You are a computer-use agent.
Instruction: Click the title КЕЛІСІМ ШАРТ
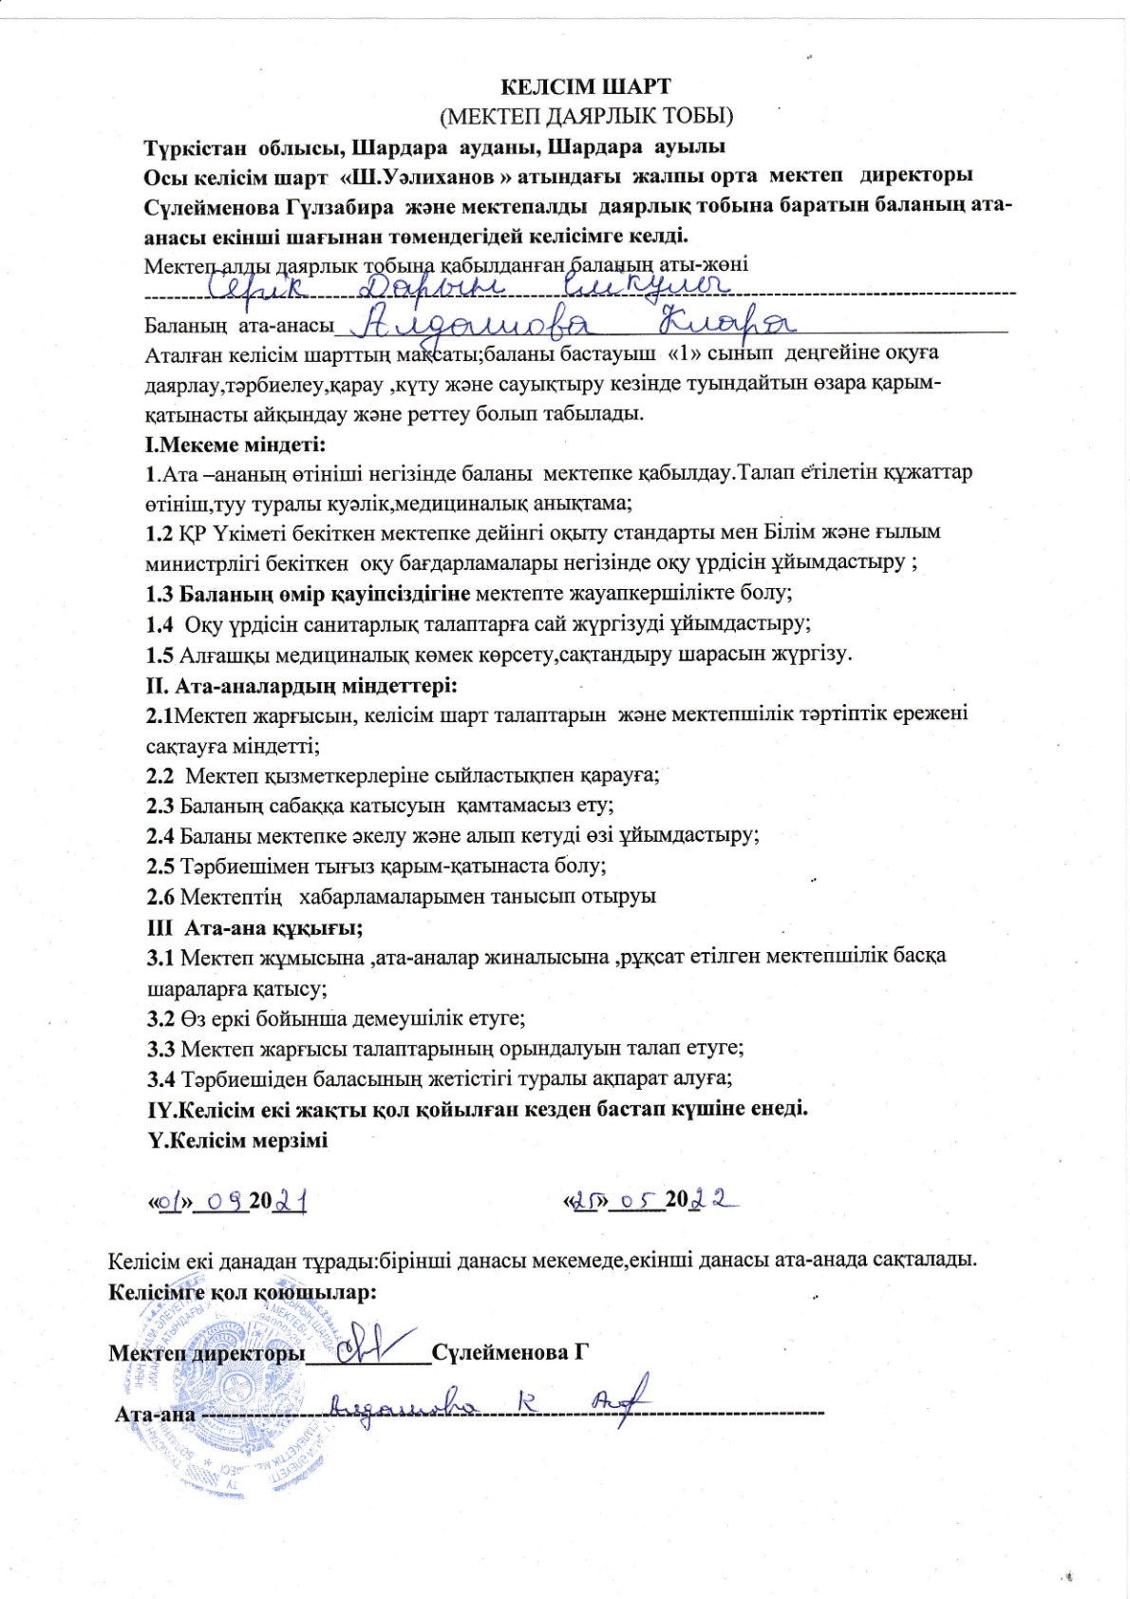pos(586,86)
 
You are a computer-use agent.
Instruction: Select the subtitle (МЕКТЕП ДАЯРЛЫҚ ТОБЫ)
pos(586,116)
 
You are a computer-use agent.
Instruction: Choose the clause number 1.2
pos(160,532)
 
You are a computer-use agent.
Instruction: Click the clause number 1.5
pos(160,655)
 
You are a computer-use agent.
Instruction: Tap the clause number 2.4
pos(160,836)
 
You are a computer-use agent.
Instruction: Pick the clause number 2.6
pos(160,897)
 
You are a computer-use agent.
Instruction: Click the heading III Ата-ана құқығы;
pos(254,927)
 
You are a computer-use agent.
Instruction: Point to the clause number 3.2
pos(160,1018)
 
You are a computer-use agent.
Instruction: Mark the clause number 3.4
pos(160,1079)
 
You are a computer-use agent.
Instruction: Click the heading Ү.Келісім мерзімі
pos(237,1140)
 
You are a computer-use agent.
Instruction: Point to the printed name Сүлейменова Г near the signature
pos(511,1352)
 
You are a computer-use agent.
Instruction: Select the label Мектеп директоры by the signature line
pos(207,1352)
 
